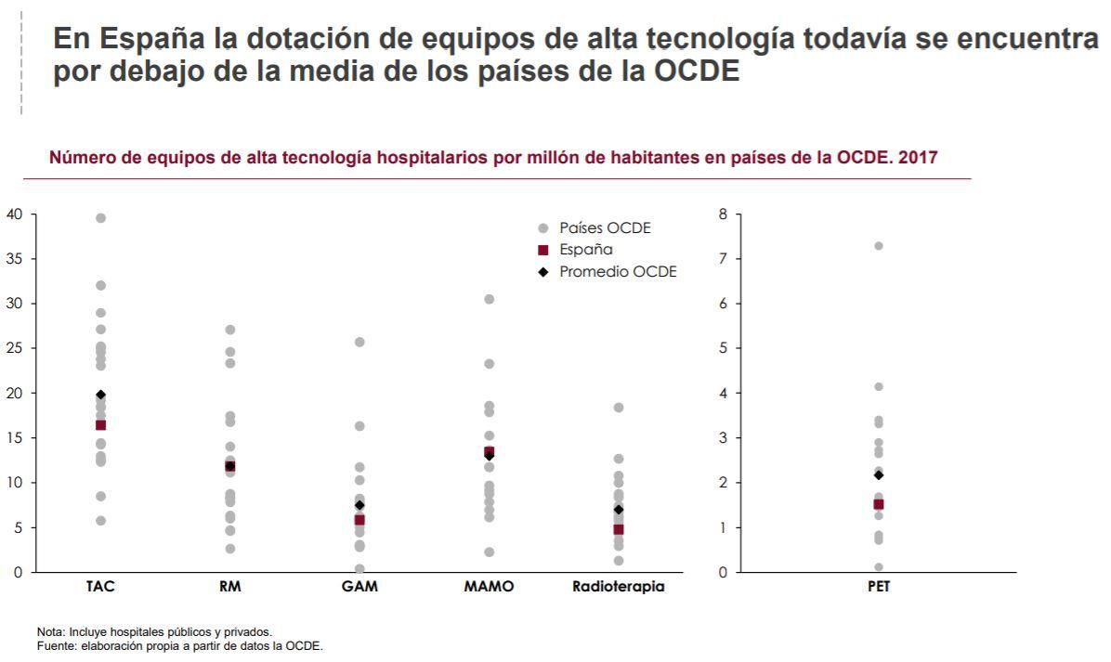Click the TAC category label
tap(100, 587)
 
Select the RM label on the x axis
tap(229, 587)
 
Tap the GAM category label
tap(359, 587)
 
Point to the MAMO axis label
tap(489, 587)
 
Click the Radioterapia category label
tap(618, 587)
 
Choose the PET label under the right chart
tap(878, 587)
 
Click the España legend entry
tap(585, 249)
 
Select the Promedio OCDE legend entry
tap(618, 271)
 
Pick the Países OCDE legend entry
tap(605, 227)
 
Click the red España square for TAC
tap(100, 425)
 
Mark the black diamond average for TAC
tap(100, 395)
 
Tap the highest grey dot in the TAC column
tap(100, 218)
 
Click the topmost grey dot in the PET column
tap(878, 246)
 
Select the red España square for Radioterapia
tap(618, 529)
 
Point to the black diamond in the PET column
tap(878, 474)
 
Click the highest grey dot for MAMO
tap(489, 299)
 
